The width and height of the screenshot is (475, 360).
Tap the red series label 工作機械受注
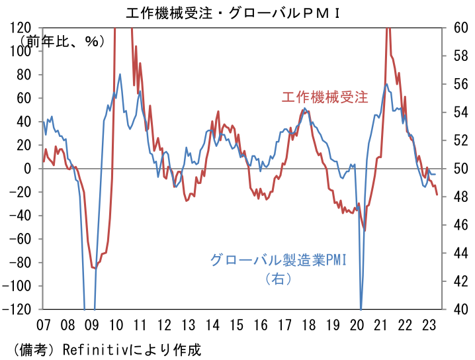tap(324, 97)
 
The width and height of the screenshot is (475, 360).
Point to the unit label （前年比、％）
tap(62, 41)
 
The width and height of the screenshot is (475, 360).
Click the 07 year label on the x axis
tap(44, 325)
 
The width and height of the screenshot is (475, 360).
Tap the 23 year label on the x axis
tap(428, 325)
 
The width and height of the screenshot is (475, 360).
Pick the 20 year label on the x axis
tap(357, 325)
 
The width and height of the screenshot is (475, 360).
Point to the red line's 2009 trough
tap(95, 268)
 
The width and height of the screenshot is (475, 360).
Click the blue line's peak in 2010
tap(120, 74)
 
